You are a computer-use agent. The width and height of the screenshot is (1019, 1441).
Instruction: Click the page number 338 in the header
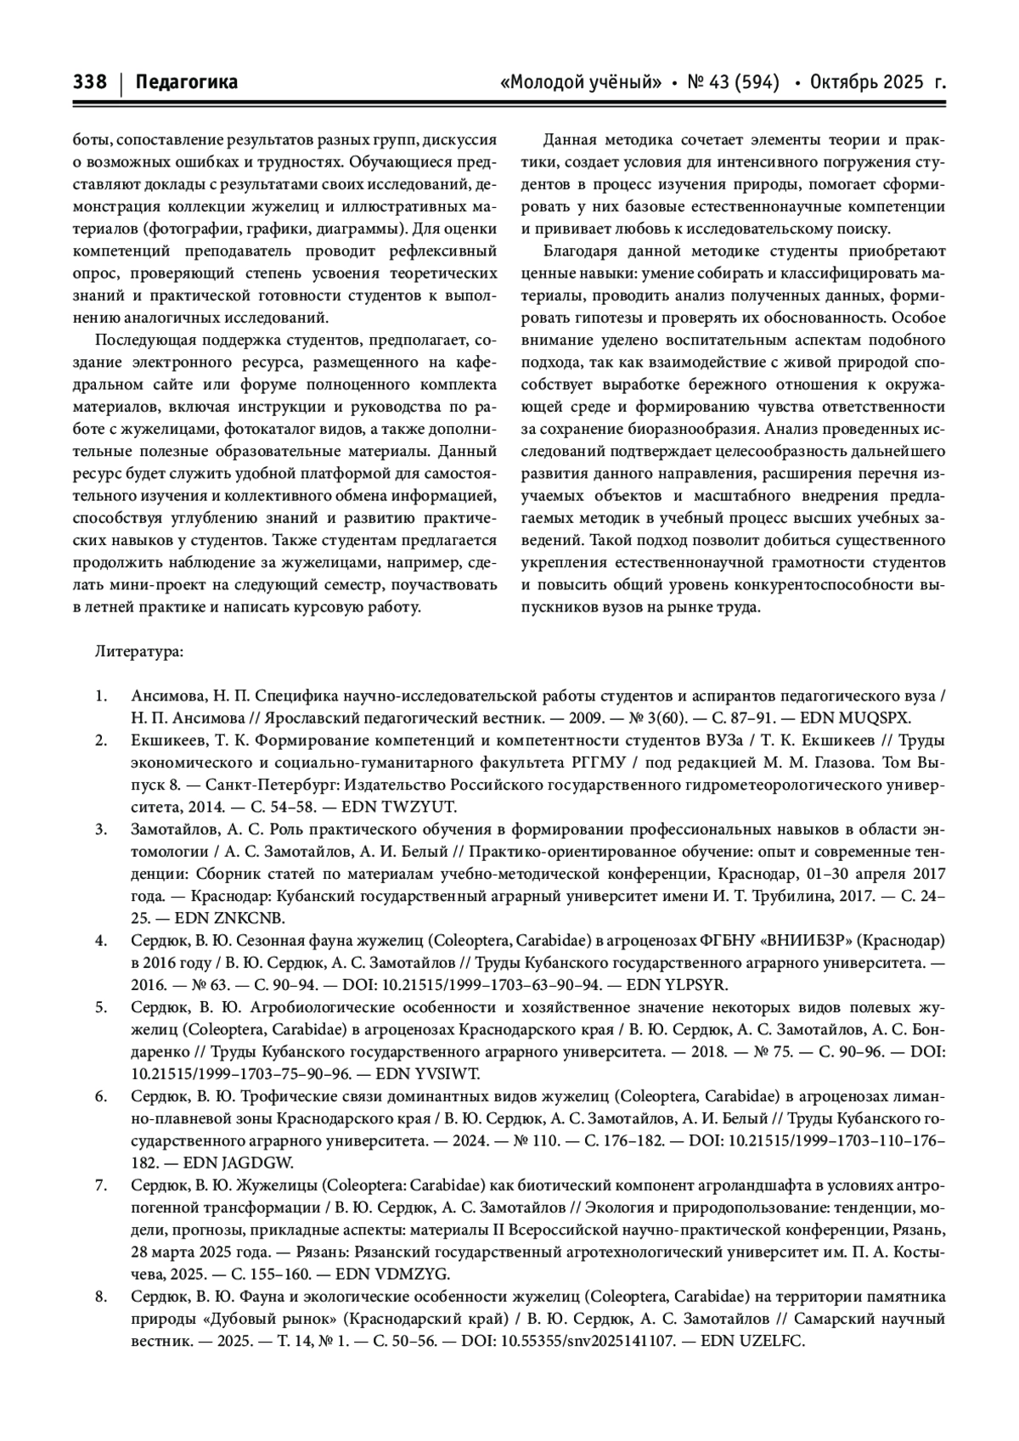(90, 82)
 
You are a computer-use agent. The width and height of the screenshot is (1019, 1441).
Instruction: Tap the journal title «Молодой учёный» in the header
(582, 82)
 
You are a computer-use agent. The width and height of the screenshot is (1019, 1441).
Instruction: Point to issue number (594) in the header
(755, 82)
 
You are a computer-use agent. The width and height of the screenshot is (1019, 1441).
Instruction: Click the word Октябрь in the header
(846, 82)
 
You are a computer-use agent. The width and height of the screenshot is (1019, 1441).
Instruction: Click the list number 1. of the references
(101, 696)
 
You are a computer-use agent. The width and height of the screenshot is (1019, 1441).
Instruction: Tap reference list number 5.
(101, 1007)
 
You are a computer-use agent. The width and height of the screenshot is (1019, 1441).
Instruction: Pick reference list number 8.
(101, 1297)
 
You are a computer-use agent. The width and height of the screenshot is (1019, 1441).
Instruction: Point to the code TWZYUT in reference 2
(422, 807)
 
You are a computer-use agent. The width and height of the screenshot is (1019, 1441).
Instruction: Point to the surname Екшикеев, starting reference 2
(171, 740)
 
